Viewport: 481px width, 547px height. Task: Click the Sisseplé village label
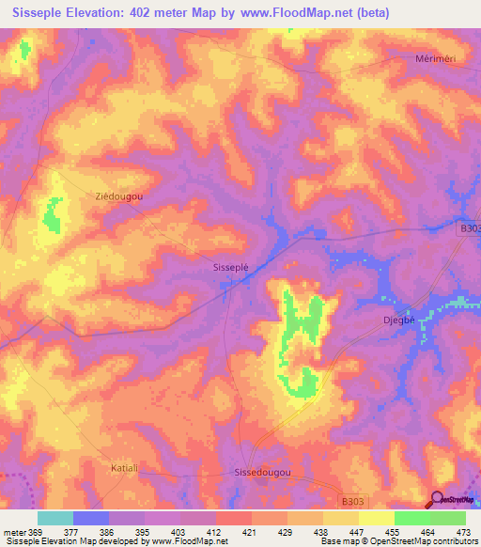231,268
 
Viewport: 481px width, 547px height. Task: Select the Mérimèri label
435,58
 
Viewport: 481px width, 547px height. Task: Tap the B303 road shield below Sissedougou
351,505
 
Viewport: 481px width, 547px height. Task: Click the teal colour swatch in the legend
55,518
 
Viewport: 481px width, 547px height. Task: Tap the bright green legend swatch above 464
411,518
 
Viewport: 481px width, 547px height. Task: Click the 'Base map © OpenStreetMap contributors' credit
398,541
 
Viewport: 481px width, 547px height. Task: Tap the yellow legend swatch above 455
376,518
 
